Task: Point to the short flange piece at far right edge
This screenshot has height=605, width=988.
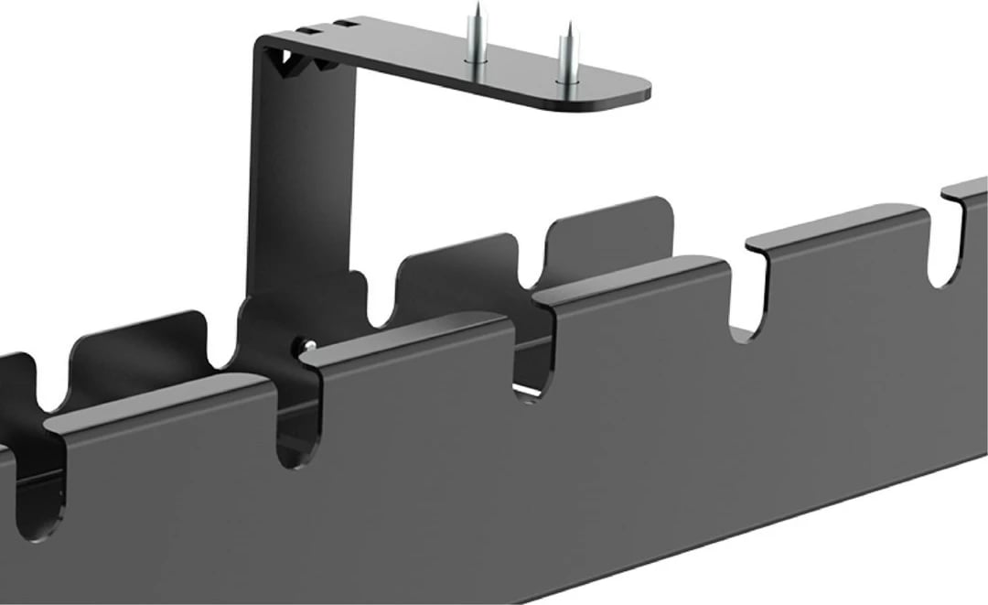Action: click(x=968, y=188)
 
